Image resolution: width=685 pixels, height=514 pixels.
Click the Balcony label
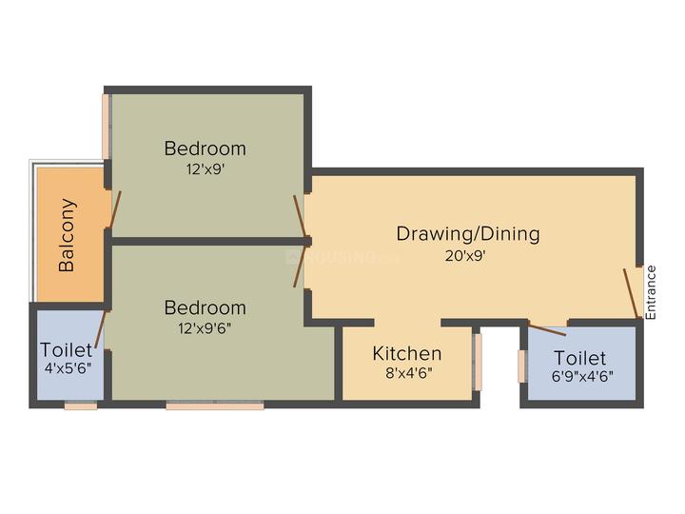click(68, 234)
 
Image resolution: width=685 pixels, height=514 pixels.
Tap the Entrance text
click(652, 291)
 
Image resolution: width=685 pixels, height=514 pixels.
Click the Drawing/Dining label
click(467, 233)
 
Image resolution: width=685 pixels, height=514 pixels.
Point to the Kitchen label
click(406, 354)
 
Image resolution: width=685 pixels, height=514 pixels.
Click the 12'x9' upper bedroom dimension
click(205, 171)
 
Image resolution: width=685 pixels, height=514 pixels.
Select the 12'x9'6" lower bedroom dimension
click(205, 330)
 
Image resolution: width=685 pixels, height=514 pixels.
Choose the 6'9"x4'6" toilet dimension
click(579, 376)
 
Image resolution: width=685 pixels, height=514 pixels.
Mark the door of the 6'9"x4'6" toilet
click(546, 329)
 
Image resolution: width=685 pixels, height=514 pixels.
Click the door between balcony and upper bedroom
click(115, 210)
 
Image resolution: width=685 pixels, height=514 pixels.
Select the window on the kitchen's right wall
click(478, 363)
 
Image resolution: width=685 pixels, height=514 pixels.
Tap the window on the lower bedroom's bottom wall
click(215, 405)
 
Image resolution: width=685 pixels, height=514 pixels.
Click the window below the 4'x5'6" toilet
click(81, 405)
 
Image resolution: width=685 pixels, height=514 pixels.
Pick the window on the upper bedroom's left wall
click(106, 126)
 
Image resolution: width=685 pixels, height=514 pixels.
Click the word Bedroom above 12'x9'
click(205, 149)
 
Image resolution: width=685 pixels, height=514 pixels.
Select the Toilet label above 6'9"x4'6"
click(579, 358)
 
